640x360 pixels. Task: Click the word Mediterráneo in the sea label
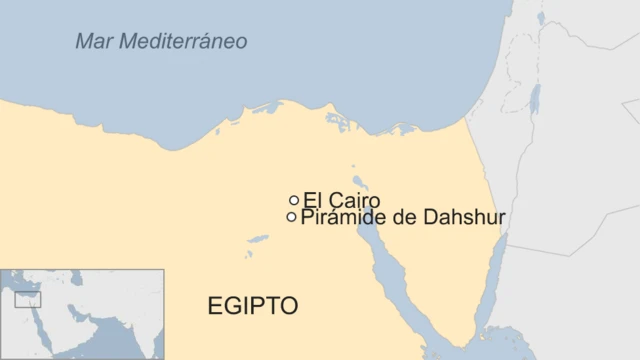(186, 42)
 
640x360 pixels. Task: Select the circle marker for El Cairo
(294, 200)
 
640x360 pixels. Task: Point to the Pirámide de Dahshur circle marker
(291, 217)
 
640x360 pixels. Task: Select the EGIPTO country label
(252, 306)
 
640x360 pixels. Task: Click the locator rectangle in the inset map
(27, 299)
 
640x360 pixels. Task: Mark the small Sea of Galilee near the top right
(541, 18)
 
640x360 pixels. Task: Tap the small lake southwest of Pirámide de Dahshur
(258, 239)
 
